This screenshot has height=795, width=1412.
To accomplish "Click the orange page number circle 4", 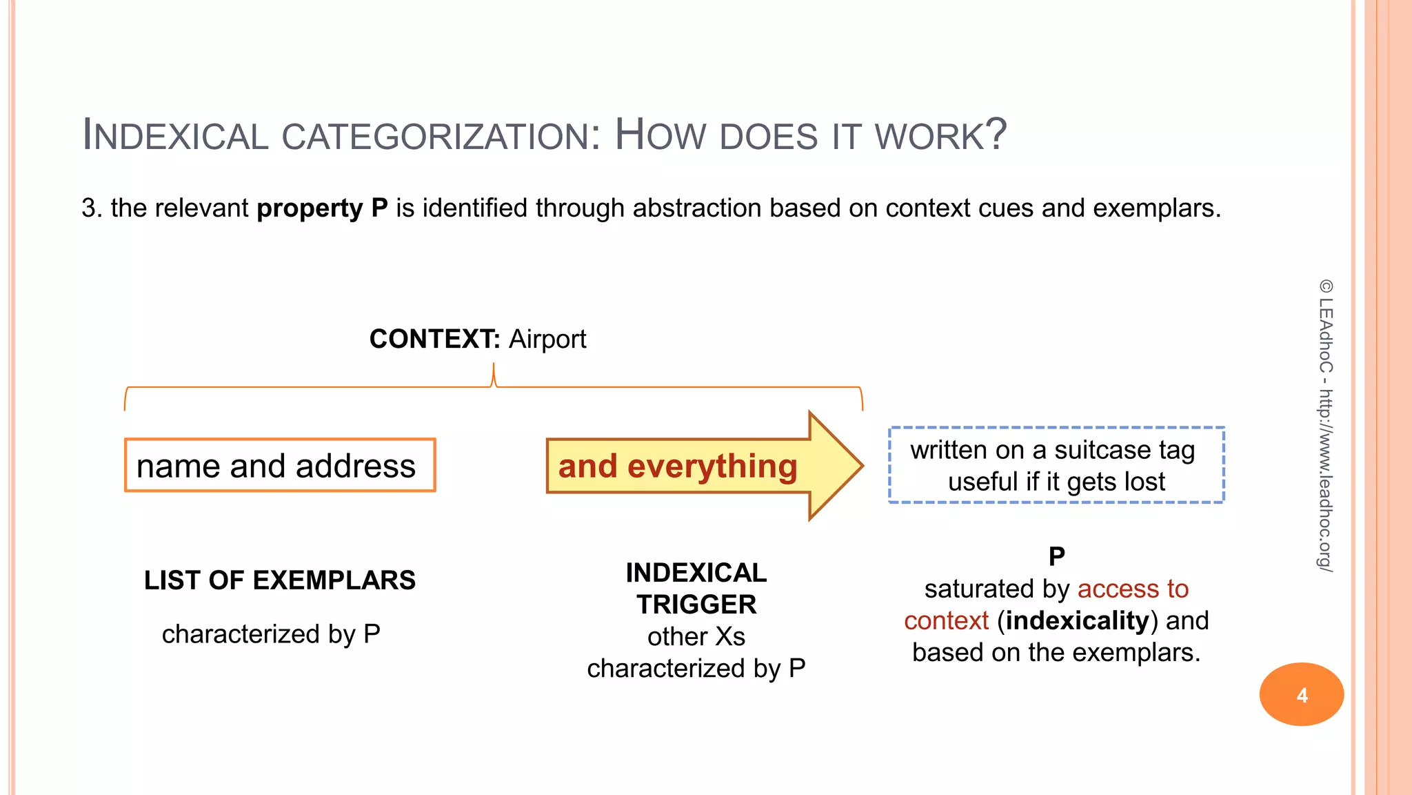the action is [1301, 694].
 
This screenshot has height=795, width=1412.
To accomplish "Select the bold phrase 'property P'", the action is [322, 208].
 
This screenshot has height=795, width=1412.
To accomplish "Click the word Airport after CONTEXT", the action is [547, 339].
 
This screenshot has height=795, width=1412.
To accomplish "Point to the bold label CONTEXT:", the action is [434, 339].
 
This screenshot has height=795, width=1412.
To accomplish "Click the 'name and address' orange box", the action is [280, 466].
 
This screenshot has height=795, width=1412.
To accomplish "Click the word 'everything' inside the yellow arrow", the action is [712, 466].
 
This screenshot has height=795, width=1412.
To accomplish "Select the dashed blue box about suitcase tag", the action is [1056, 465].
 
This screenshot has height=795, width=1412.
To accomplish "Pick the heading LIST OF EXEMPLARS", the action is [280, 580].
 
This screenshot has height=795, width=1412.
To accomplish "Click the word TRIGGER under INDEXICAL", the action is [696, 605].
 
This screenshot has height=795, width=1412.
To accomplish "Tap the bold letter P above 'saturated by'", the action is [1056, 556].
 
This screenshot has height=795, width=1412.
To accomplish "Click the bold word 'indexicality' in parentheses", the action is [1077, 620].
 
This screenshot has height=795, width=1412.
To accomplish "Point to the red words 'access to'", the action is [1133, 589].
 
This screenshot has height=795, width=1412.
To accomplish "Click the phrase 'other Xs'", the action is [696, 636].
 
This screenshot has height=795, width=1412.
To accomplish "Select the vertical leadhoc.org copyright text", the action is [1325, 424].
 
